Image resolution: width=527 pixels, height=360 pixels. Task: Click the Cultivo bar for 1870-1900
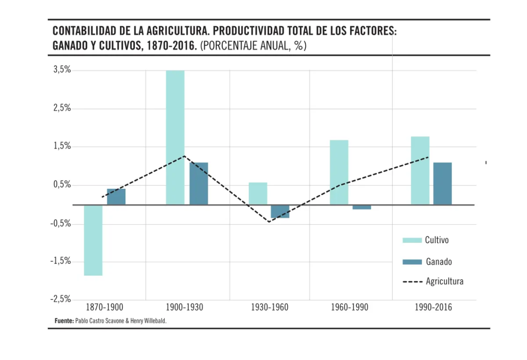pos(93,240)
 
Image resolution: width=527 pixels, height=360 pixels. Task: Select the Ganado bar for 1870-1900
pos(116,197)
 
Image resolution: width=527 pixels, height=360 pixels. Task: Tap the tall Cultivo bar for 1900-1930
pos(175,137)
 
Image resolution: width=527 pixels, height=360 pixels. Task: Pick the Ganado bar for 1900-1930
pos(199,184)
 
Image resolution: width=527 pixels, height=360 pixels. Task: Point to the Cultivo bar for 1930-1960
pos(258,194)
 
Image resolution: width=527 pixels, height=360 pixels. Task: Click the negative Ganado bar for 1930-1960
pos(280,211)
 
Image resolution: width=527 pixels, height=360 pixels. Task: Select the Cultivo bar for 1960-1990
pos(339,172)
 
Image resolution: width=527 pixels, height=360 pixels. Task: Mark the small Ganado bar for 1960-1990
pos(362,207)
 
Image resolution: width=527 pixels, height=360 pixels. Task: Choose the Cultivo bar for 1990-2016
pos(420,171)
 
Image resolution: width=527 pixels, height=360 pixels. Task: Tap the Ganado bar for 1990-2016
pos(443,184)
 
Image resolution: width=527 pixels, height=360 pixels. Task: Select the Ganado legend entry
pos(427,262)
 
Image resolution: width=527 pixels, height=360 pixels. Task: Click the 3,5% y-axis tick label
pos(62,70)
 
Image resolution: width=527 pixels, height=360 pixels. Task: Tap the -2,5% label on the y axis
pos(61,299)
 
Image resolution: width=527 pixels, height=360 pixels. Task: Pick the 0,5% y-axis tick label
pos(62,185)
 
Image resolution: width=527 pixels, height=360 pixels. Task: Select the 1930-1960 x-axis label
pos(270,308)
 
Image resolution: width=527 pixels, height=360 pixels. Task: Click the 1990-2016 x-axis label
pos(433,308)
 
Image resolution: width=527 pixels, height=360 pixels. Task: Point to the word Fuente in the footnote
pos(64,321)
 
